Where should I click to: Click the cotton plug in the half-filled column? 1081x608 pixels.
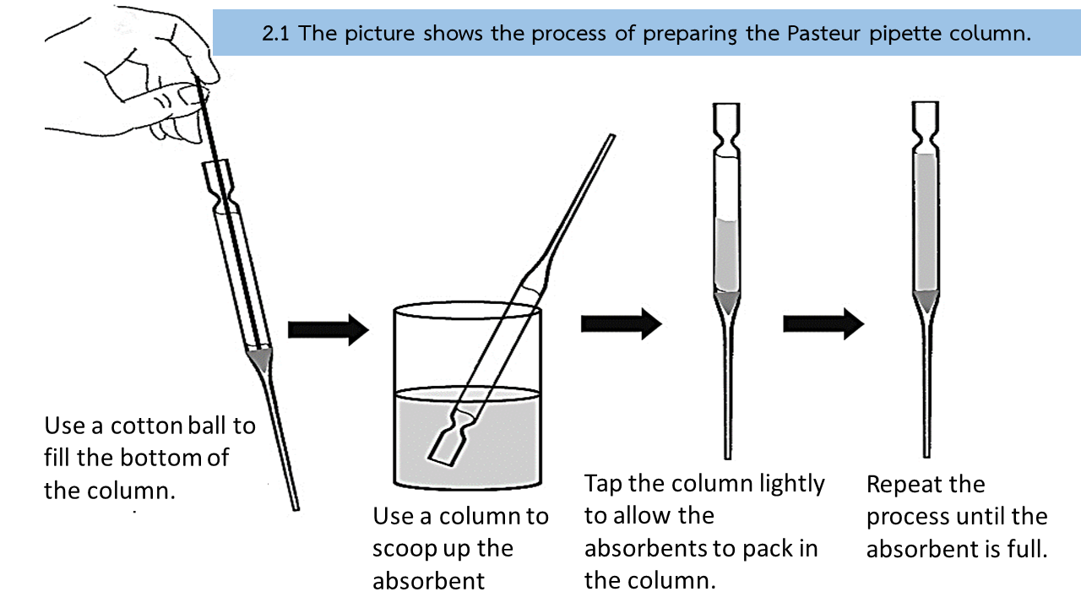point(726,301)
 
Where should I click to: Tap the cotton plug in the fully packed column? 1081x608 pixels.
point(926,301)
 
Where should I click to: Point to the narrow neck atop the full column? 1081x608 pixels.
point(926,134)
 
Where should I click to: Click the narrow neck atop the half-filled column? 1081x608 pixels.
point(727,135)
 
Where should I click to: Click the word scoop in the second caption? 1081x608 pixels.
point(406,548)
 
